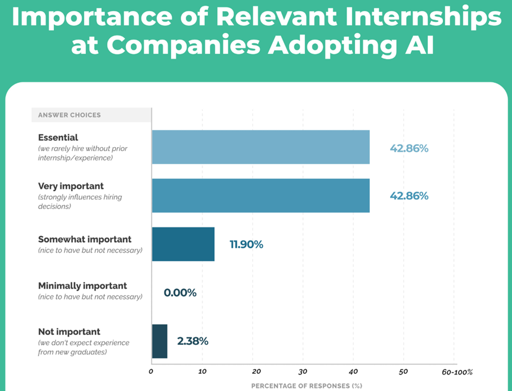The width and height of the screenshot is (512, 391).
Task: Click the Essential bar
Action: click(x=260, y=147)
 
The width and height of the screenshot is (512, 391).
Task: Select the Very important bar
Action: click(x=260, y=195)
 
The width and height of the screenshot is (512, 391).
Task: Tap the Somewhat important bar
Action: click(x=183, y=244)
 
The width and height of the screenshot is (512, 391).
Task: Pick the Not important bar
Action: click(x=159, y=341)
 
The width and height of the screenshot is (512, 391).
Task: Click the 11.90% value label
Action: click(x=246, y=244)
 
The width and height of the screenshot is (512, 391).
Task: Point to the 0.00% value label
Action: click(x=180, y=292)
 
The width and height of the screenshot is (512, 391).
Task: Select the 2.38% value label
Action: click(x=192, y=341)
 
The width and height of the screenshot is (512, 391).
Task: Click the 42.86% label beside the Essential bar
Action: click(x=408, y=148)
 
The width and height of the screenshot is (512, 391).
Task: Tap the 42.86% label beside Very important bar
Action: click(x=408, y=195)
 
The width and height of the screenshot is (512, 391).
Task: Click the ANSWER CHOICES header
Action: click(x=69, y=115)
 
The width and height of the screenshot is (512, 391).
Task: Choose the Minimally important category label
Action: click(x=82, y=285)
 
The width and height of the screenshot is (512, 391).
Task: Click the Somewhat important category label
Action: click(x=85, y=239)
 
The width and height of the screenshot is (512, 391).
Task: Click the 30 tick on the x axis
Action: click(x=302, y=372)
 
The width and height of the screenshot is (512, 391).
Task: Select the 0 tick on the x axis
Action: click(x=151, y=372)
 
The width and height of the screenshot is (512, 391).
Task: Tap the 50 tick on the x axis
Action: click(x=404, y=372)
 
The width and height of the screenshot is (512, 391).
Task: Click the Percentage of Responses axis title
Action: click(x=307, y=386)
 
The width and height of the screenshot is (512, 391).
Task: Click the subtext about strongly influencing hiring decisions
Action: click(x=80, y=201)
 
